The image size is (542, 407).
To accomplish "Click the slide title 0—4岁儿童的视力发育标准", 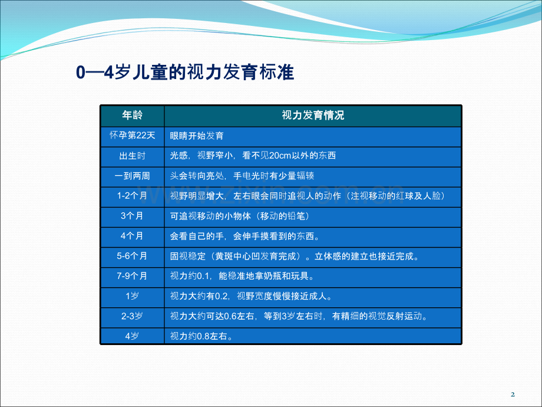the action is point(185,73).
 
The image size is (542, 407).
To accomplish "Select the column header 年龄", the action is point(132,115).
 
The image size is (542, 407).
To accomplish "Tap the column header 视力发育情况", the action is point(313,115).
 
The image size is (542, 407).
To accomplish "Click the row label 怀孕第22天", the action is point(132,135).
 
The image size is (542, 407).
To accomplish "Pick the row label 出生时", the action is point(132,156).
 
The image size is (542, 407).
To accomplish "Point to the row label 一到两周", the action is point(132,176).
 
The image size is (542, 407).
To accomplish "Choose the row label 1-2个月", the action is point(132,196).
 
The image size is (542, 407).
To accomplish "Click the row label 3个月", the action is point(132,216).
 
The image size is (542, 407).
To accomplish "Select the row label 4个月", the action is point(132,236).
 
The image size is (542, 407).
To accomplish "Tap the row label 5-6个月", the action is point(132,256).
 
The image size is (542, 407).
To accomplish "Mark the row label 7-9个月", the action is point(132,276).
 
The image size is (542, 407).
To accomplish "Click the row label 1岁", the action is point(132,296).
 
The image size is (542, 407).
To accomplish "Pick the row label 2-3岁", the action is point(132,316).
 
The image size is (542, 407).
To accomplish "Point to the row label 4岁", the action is point(132,336).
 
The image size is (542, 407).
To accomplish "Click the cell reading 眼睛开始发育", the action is point(197,136).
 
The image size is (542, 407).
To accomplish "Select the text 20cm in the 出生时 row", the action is point(280,156).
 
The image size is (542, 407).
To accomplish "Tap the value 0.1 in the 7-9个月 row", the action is point(203,276).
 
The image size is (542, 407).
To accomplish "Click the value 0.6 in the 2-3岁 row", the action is point(230,316).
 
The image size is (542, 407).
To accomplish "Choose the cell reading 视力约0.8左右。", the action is point(201,336).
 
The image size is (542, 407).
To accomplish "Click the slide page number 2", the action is point(513,394).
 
